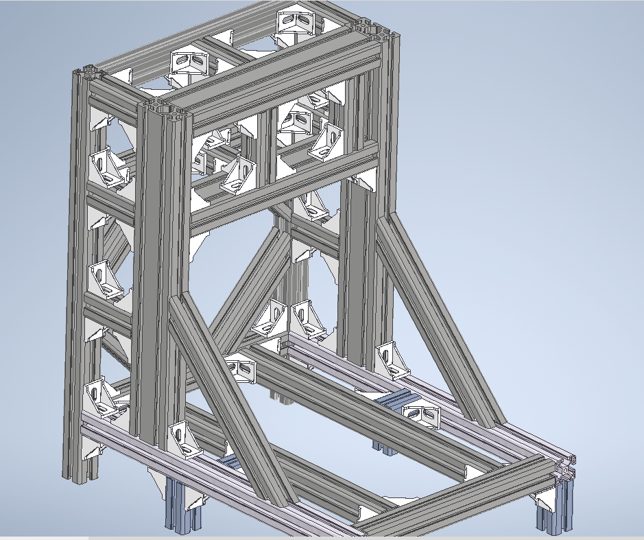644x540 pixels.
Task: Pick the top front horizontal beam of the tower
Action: click(274, 79)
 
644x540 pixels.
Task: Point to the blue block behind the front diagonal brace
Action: click(232, 462)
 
